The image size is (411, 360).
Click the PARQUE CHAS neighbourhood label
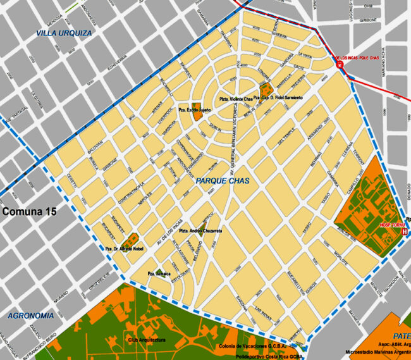223,181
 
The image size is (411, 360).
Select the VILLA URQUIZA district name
64,32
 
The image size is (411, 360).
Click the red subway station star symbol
340,65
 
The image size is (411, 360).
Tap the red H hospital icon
404,232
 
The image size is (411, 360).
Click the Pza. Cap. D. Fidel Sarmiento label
278,97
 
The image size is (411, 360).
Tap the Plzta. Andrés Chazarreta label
200,231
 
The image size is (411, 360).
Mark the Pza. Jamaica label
160,273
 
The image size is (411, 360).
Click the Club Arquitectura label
147,340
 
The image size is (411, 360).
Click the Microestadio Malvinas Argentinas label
377,352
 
